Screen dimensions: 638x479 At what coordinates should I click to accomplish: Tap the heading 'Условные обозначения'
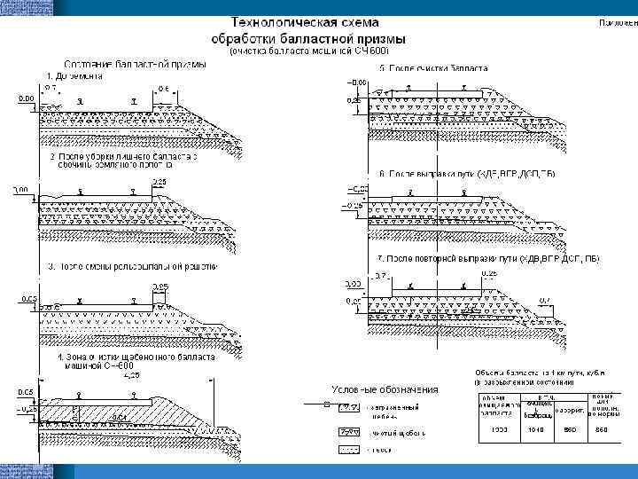pos(386,389)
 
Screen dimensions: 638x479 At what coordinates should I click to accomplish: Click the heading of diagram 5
pos(434,68)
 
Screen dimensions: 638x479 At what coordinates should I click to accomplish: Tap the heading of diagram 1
pos(75,76)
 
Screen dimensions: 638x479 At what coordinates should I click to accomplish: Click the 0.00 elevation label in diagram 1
pos(26,98)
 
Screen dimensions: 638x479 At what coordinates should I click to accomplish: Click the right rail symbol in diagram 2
pos(132,191)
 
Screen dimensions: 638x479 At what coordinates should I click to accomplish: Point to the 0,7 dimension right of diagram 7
pos(543,299)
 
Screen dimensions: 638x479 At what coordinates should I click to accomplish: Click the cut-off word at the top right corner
pos(619,23)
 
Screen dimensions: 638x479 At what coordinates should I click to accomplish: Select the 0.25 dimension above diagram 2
pos(159,181)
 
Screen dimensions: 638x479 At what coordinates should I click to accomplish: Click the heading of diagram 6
pos(467,175)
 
